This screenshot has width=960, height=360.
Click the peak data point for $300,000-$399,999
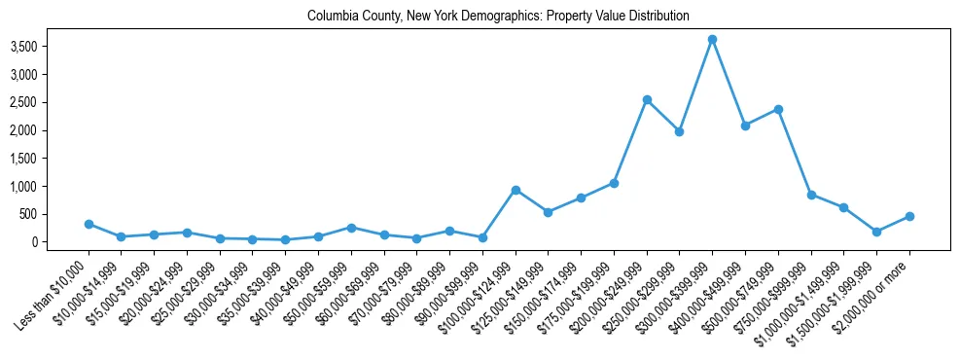[x=712, y=40]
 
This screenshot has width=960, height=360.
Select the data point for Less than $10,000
[x=89, y=224]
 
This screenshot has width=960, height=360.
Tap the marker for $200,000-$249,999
[x=647, y=99]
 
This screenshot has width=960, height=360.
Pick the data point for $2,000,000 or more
[x=909, y=216]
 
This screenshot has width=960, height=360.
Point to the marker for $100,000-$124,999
[x=516, y=190]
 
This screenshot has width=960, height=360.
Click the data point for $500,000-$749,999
[x=778, y=109]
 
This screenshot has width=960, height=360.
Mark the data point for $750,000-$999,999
[x=811, y=195]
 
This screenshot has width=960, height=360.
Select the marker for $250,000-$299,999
[x=680, y=131]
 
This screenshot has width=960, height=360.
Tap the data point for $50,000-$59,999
[x=351, y=228]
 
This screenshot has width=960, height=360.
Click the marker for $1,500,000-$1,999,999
[x=876, y=232]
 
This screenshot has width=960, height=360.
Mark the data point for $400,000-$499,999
[x=745, y=126]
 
